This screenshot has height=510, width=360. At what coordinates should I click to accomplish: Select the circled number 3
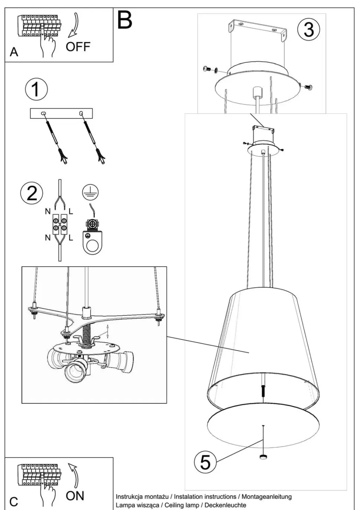coord(308,29)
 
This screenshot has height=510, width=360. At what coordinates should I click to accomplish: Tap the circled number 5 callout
coord(205,462)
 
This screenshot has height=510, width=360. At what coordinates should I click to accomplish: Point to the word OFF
coord(78,47)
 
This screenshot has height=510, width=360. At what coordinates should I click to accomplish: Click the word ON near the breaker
coord(75,496)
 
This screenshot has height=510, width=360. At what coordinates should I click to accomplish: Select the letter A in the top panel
coord(14,52)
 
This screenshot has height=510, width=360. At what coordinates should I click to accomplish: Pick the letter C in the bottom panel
coord(14,502)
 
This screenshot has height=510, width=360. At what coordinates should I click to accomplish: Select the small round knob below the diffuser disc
coord(263,457)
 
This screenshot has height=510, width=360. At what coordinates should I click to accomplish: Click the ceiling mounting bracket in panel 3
coord(257,30)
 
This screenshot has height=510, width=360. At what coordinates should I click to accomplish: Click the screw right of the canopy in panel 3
coord(308,87)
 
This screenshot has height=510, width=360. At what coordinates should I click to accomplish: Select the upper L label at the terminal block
coord(71,212)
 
